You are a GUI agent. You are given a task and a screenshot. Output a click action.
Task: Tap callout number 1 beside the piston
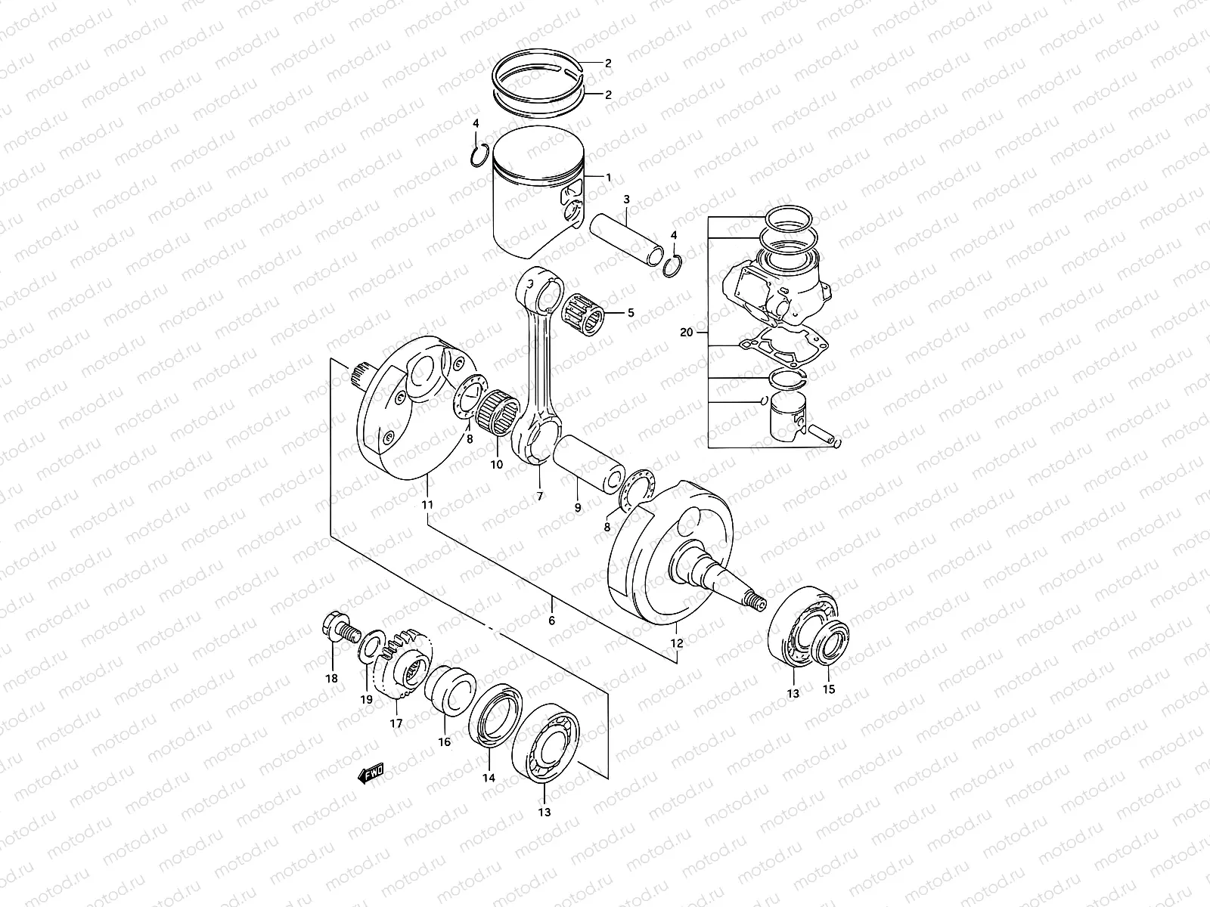click(609, 178)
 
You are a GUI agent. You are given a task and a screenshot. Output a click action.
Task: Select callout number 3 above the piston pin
click(626, 200)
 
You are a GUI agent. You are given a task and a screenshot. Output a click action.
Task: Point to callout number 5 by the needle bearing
click(631, 311)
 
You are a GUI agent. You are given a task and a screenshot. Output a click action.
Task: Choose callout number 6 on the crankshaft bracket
click(551, 621)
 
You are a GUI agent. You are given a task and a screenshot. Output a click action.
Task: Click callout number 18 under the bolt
click(331, 678)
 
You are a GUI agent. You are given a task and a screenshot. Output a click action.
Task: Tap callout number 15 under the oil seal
click(829, 689)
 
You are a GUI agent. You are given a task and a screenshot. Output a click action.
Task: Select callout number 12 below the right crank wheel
click(676, 643)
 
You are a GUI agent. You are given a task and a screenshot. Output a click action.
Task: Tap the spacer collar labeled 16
click(451, 691)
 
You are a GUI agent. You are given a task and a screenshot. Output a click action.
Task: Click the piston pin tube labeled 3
click(625, 238)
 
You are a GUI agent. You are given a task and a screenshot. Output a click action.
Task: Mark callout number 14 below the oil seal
click(489, 778)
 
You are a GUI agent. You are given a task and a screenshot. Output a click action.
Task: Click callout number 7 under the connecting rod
click(540, 497)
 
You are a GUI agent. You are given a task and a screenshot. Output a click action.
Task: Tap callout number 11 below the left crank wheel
click(427, 504)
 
